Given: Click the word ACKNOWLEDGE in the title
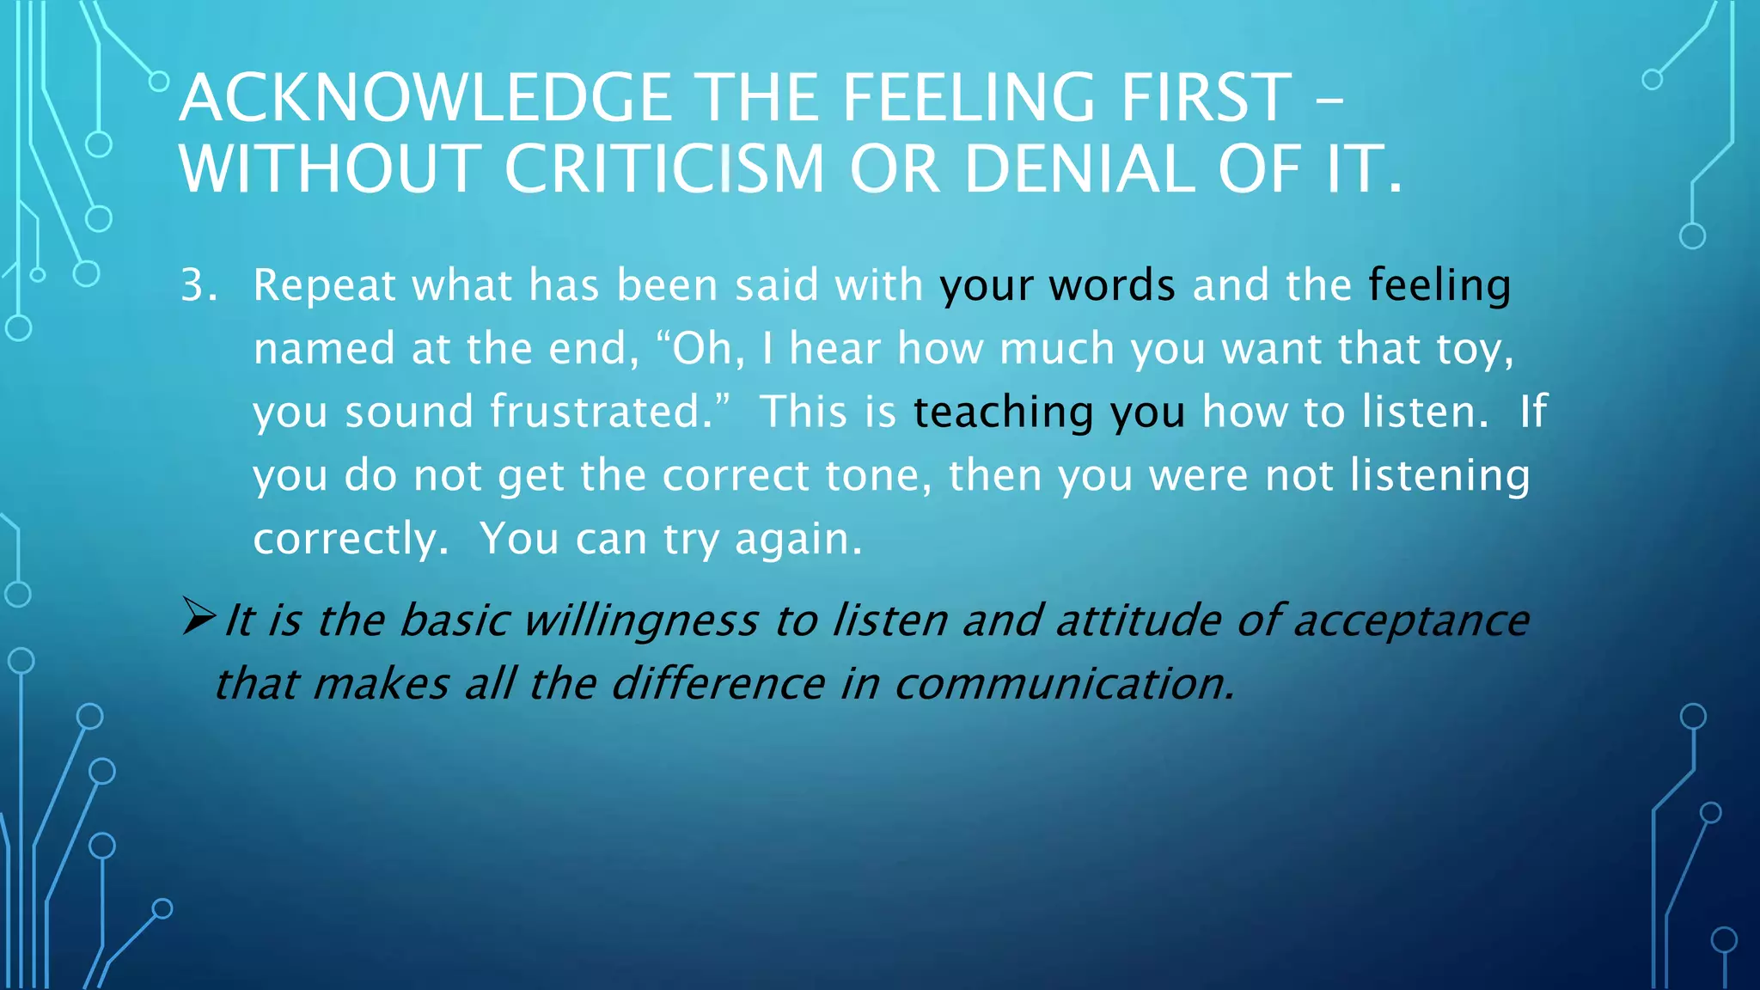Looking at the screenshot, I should pyautogui.click(x=425, y=98).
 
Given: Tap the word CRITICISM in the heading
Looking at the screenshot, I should pyautogui.click(x=664, y=168).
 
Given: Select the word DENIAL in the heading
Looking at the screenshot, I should pyautogui.click(x=1079, y=168).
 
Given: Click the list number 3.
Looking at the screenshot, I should pyautogui.click(x=198, y=285).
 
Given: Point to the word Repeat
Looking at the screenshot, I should pyautogui.click(x=324, y=285).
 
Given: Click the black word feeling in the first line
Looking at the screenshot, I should pyautogui.click(x=1439, y=285).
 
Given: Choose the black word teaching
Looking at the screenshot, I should pyautogui.click(x=1002, y=412).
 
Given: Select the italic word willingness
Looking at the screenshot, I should pyautogui.click(x=641, y=620).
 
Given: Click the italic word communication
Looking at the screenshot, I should pyautogui.click(x=1064, y=684).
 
